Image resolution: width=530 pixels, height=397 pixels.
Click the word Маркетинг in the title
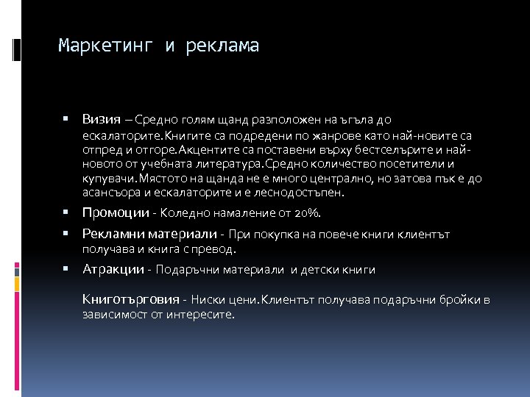click(106, 46)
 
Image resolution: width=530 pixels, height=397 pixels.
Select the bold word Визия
click(102, 119)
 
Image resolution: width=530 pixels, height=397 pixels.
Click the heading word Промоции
click(114, 212)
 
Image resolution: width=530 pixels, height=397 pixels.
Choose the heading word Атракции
click(113, 269)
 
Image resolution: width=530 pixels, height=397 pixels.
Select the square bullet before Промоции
click(66, 212)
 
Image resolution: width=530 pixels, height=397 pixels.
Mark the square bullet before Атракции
click(66, 268)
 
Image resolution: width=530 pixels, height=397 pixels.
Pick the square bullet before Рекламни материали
click(66, 234)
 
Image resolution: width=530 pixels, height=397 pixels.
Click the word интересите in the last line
click(202, 314)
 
